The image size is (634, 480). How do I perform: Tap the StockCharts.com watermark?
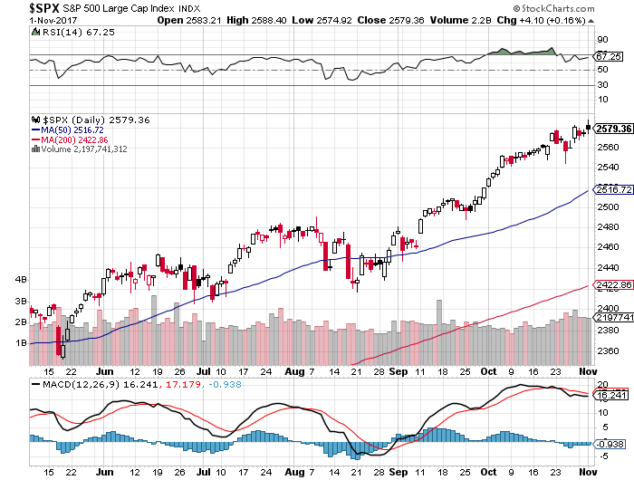(590, 8)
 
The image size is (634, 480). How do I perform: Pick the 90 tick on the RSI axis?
(601, 40)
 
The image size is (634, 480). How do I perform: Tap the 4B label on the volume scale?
(20, 279)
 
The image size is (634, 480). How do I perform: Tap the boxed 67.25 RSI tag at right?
(606, 56)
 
